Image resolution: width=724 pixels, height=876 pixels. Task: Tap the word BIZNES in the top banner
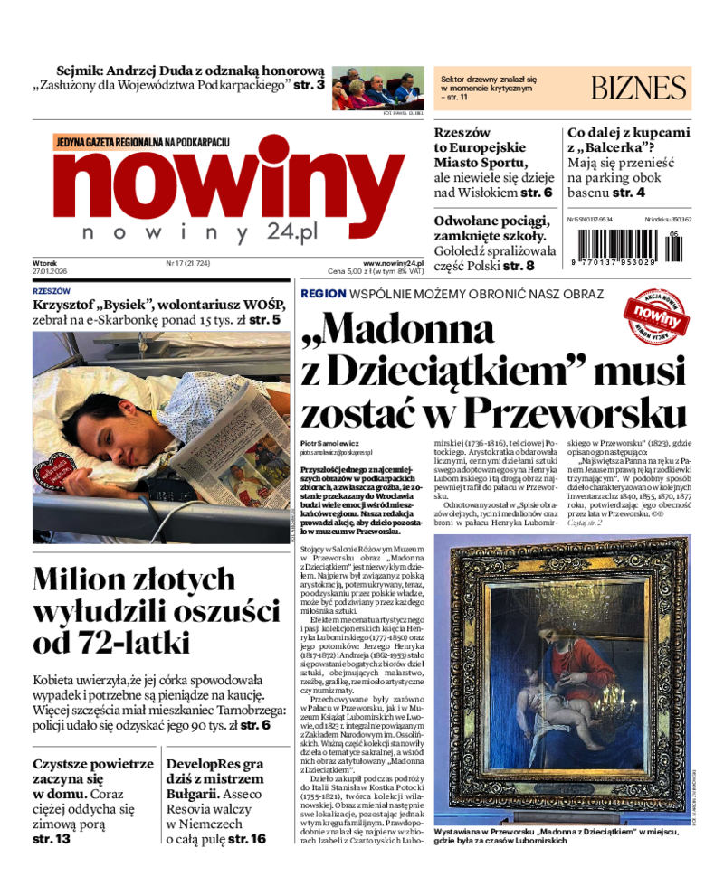(638, 88)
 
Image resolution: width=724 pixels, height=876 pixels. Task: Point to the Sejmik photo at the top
(376, 89)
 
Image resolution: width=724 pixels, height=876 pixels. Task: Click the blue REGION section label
(323, 294)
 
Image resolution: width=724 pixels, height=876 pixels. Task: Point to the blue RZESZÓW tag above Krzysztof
(52, 291)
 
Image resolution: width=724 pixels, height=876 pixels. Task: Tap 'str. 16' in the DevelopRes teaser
(247, 839)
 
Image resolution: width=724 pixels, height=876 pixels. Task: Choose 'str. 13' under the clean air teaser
(51, 839)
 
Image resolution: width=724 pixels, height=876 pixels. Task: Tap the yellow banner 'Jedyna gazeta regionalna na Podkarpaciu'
(143, 142)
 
